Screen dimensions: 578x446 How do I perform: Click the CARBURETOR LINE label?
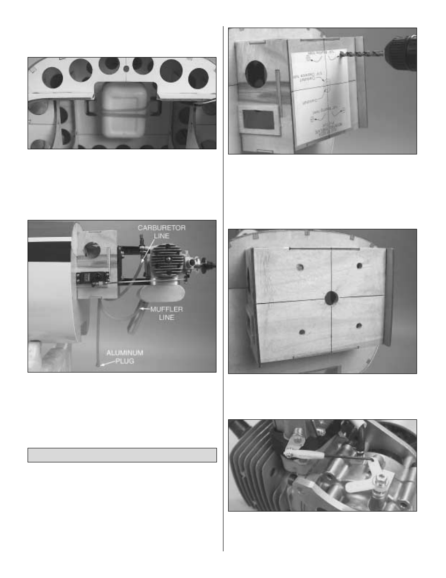click(x=161, y=232)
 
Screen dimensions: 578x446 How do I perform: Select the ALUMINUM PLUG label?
click(x=124, y=357)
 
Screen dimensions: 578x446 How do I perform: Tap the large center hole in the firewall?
click(x=331, y=297)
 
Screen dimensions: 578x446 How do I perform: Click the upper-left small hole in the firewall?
click(x=300, y=268)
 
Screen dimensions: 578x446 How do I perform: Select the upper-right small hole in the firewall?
click(x=360, y=266)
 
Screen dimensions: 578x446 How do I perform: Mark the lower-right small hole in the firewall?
click(x=359, y=326)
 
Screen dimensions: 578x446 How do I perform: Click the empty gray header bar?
click(x=122, y=455)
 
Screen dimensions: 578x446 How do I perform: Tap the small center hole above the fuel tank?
click(x=126, y=68)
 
